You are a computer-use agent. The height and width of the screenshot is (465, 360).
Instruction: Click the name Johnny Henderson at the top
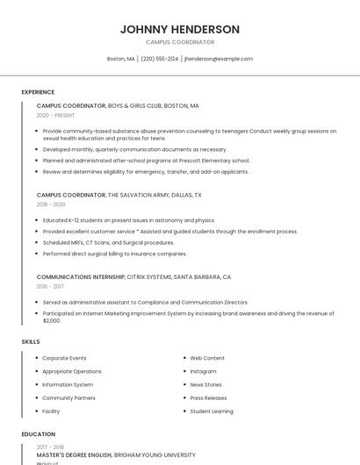pos(179,29)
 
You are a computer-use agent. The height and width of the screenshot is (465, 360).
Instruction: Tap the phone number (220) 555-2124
pos(159,59)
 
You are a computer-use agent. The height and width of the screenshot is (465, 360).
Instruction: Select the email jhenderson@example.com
pos(219,59)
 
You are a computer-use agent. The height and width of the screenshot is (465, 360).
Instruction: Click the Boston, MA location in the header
pos(120,59)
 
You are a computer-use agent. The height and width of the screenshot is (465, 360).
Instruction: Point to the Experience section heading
pos(38,92)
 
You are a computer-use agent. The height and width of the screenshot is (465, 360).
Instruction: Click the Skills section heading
pos(31,341)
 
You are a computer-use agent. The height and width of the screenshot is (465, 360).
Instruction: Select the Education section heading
pos(38,434)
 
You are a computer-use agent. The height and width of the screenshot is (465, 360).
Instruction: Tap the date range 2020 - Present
pos(55,116)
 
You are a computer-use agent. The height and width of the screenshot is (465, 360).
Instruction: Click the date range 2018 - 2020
pos(51,204)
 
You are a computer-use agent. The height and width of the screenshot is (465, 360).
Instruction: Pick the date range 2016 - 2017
pos(50,286)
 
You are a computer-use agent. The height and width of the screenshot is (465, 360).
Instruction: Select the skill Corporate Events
pos(64,358)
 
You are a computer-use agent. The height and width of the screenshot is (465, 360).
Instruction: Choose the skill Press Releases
pos(208,397)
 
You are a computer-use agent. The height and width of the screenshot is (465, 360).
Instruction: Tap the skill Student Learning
pos(212,411)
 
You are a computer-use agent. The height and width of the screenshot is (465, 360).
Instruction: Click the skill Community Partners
pos(68,397)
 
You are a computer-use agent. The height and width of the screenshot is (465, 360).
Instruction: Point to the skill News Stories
pos(205,384)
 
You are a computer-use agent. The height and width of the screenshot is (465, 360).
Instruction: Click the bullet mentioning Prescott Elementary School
pos(146,161)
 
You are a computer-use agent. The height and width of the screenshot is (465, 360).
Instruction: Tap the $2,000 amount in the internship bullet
pos(52,320)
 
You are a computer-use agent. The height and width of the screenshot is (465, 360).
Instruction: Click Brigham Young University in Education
pos(155,455)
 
